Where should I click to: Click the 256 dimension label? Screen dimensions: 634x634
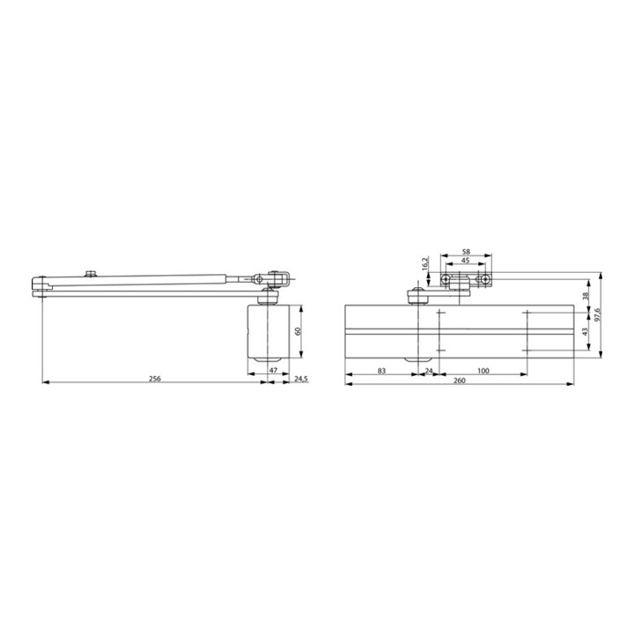click(155, 379)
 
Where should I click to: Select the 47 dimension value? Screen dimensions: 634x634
click(273, 370)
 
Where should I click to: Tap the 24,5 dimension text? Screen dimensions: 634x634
click(301, 379)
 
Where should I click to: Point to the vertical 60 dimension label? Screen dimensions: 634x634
click(299, 332)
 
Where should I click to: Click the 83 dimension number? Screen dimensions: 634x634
click(381, 371)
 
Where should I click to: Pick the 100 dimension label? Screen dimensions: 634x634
click(483, 371)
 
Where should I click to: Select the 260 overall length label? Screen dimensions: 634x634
click(460, 380)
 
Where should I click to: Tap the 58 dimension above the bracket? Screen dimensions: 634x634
click(466, 252)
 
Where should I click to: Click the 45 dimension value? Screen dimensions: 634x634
click(466, 261)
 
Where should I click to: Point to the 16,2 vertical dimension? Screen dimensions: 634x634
click(424, 263)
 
